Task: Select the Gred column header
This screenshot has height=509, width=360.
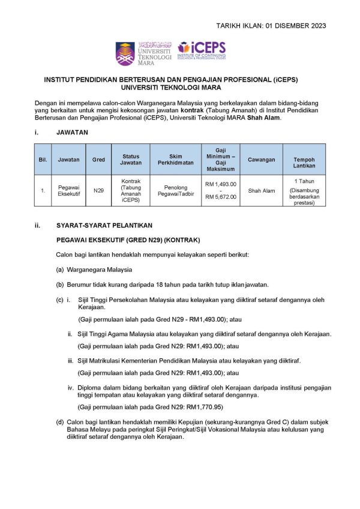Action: tap(99, 160)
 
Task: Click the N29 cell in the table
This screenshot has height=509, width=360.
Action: tap(99, 191)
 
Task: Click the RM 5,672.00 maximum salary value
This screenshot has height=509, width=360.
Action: tap(220, 197)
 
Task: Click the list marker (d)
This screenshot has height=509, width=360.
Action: tap(60, 422)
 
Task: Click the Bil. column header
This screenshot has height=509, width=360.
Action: tap(43, 160)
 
